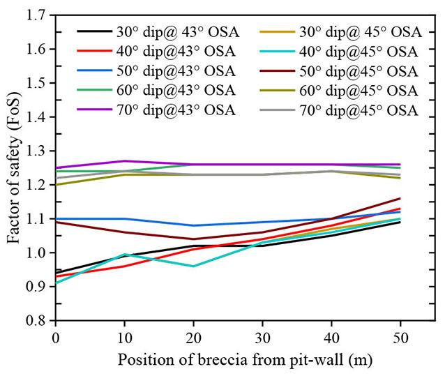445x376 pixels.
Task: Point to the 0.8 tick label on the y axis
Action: click(37, 321)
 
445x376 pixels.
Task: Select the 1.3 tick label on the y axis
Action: click(37, 151)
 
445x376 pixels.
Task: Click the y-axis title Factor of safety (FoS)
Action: click(13, 168)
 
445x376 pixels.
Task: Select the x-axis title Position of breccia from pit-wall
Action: click(244, 360)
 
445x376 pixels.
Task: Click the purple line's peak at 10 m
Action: click(124, 161)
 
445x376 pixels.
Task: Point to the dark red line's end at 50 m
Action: click(400, 198)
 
